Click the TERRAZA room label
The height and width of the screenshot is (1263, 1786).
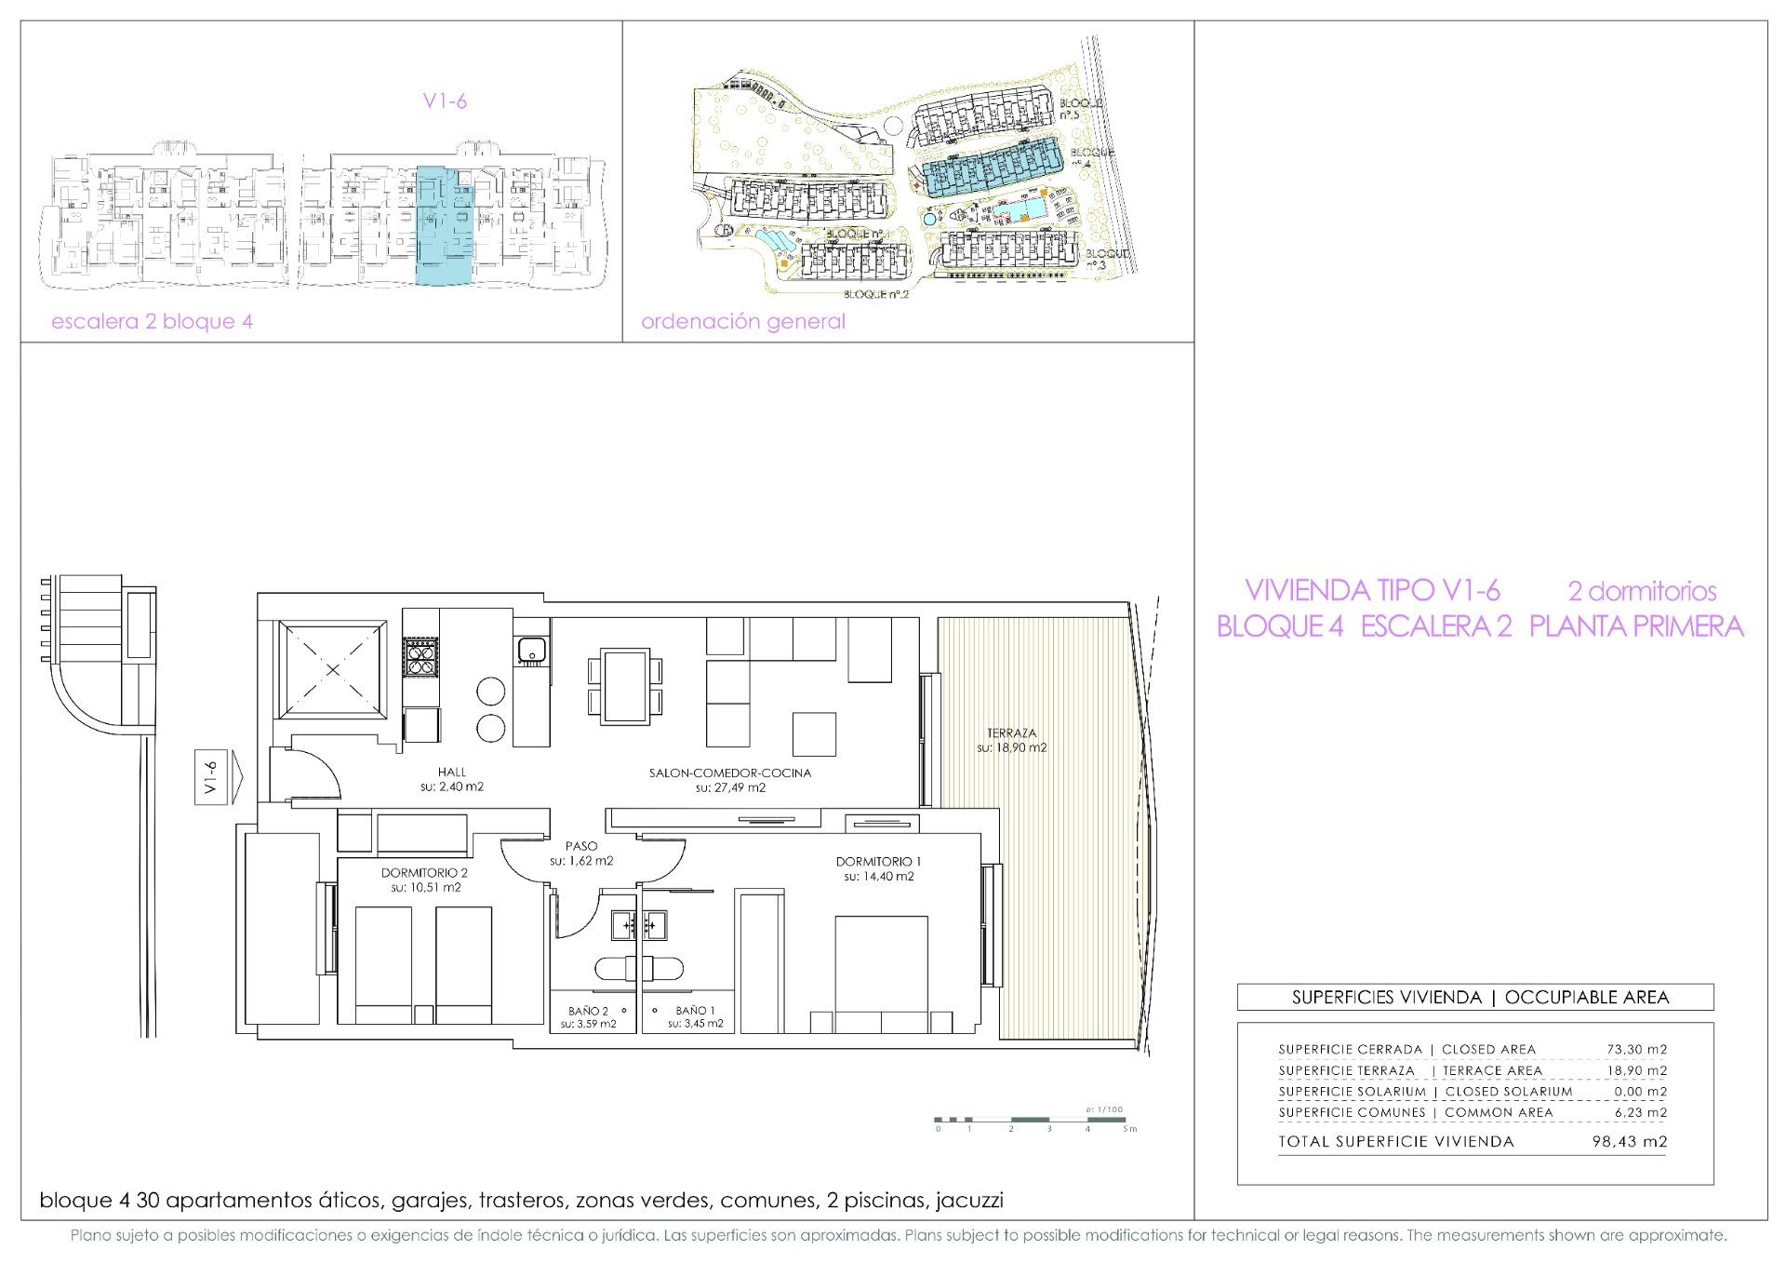pyautogui.click(x=1011, y=732)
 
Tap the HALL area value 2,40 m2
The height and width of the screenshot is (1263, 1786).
pyautogui.click(x=451, y=786)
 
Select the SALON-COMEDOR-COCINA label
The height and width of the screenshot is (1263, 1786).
pyautogui.click(x=730, y=773)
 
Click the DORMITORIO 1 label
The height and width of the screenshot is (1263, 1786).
pyautogui.click(x=878, y=861)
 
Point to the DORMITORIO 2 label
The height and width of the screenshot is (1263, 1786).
pyautogui.click(x=424, y=873)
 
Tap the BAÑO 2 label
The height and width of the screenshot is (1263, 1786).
pyautogui.click(x=588, y=1010)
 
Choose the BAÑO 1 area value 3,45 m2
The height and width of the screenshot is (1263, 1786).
pyautogui.click(x=695, y=1024)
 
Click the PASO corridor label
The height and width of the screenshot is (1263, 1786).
pyautogui.click(x=580, y=846)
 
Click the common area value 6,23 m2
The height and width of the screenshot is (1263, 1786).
pyautogui.click(x=1639, y=1112)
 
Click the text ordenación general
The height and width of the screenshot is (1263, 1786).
pyautogui.click(x=743, y=322)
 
